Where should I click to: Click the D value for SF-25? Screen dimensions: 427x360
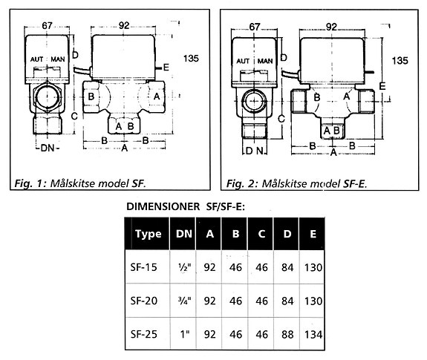click(x=287, y=335)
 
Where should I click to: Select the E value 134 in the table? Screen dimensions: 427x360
click(x=313, y=335)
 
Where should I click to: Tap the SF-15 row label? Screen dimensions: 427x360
click(x=144, y=267)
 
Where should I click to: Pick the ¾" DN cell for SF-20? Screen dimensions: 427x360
click(x=184, y=301)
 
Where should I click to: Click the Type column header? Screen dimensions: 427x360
click(x=148, y=234)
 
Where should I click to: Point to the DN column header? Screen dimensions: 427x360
click(x=184, y=234)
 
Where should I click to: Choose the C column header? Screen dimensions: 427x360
click(x=261, y=234)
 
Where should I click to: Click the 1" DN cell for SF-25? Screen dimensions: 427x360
click(x=185, y=334)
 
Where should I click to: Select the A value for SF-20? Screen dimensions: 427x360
click(x=209, y=301)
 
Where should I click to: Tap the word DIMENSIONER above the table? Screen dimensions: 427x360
click(x=163, y=207)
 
